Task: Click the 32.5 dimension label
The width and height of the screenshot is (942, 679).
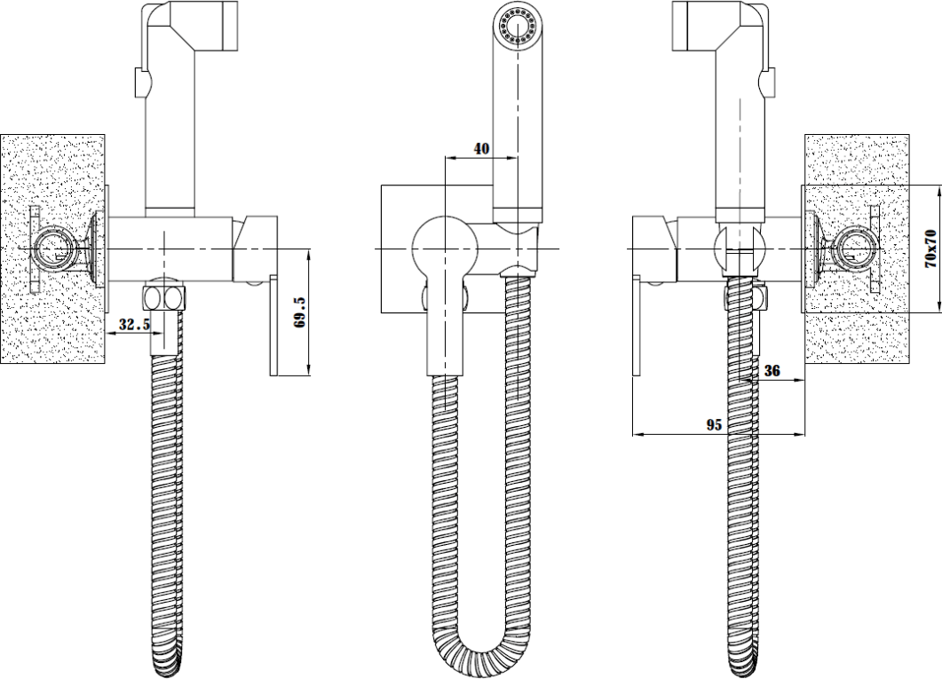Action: (x=134, y=325)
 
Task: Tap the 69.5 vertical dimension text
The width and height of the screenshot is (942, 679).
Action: (x=301, y=312)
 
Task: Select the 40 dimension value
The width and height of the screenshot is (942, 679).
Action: (x=482, y=149)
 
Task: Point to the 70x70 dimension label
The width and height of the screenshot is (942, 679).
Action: (x=930, y=248)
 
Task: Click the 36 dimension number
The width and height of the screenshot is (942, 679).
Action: (x=772, y=371)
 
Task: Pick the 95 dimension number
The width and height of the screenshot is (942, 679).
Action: (x=714, y=425)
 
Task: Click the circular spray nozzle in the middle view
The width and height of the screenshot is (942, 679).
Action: (x=517, y=27)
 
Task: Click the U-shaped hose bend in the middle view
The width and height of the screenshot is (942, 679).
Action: (x=481, y=650)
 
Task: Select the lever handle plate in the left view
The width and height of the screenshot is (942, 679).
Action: (x=274, y=326)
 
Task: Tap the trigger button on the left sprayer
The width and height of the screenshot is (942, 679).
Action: (x=140, y=83)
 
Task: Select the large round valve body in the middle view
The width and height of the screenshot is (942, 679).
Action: (x=445, y=248)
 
